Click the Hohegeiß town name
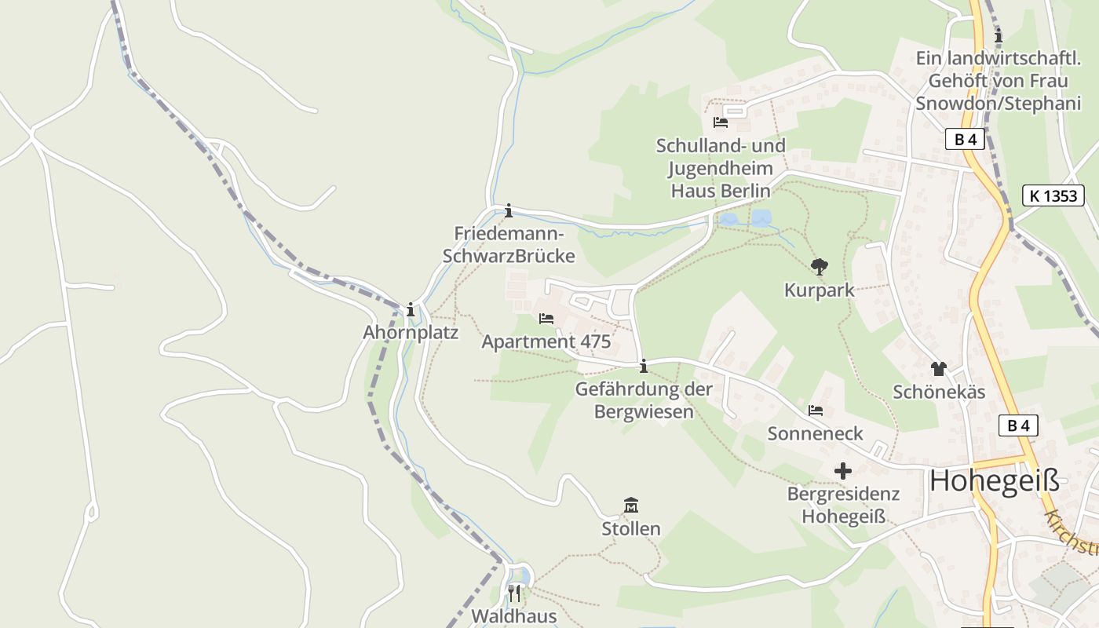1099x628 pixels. pos(994,480)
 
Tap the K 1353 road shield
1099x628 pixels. pos(1053,195)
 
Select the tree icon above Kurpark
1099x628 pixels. pos(820,267)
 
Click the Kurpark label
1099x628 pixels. pos(819,290)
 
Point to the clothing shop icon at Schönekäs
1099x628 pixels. pos(938,368)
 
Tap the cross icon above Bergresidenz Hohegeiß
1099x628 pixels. pos(843,471)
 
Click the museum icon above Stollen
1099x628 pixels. pos(630,505)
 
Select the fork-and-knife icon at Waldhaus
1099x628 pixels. pos(514,593)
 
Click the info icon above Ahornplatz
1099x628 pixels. pos(410,309)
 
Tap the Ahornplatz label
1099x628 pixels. pos(410,332)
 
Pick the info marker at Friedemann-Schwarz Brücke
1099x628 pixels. pos(509,210)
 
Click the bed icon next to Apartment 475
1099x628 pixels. pos(546,319)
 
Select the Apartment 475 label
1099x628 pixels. pos(546,341)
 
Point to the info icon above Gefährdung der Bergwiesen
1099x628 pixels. pos(644,366)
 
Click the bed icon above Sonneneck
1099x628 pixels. pos(816,410)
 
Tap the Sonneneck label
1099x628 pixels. pos(815,433)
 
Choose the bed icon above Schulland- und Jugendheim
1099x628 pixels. pos(721,122)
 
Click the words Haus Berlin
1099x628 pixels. pos(720,190)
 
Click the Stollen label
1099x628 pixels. pos(630,528)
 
